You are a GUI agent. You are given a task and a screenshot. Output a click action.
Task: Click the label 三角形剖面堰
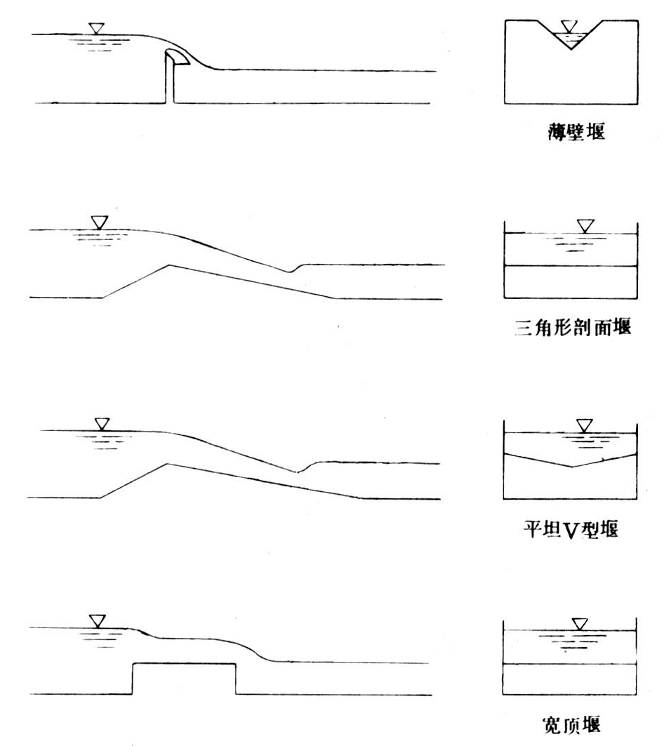click(569, 328)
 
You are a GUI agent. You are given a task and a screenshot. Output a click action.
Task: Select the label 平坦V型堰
click(569, 529)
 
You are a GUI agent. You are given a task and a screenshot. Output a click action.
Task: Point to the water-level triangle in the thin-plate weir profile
click(96, 29)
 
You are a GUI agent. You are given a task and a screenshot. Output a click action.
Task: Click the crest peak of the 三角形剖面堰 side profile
click(168, 265)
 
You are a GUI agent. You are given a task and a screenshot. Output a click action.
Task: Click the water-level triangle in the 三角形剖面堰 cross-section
click(585, 226)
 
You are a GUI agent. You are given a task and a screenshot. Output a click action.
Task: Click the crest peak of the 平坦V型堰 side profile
click(166, 464)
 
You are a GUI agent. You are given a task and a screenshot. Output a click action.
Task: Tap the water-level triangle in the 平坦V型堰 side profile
click(102, 424)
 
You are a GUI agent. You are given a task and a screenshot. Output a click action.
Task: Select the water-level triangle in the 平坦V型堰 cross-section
click(584, 425)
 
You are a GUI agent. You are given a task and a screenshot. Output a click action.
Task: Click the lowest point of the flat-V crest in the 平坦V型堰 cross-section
click(572, 466)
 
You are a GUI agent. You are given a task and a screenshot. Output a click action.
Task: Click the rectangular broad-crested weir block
click(184, 679)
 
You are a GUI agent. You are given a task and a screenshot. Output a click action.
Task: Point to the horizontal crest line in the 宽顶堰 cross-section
click(570, 664)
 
